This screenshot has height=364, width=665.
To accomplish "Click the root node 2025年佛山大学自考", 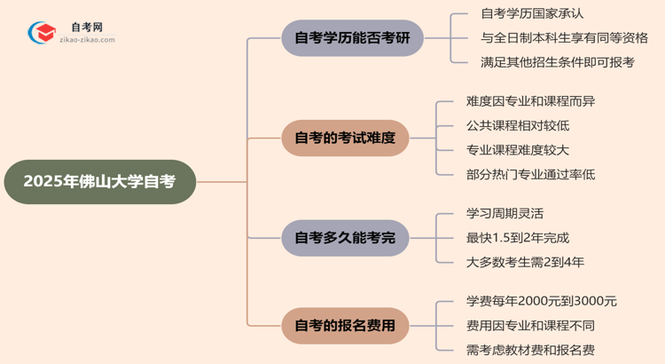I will point(99,182).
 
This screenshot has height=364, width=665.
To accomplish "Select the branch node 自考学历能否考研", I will point(352,38).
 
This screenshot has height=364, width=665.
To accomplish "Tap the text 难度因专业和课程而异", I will point(530,102).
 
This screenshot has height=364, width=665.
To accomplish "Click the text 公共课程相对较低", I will point(518,126).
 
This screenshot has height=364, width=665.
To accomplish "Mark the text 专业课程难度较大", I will point(518,150).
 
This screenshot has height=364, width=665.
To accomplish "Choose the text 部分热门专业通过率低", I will point(530,174).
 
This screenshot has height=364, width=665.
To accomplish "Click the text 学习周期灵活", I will point(505,214).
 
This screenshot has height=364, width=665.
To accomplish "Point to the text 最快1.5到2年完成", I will point(517,238).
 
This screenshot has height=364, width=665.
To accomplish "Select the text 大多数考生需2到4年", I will point(525,262).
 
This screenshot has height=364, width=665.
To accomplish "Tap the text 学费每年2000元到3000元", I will point(541,301).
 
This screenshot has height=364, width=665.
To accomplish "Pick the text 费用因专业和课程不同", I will point(530,325).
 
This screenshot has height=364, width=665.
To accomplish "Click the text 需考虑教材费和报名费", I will point(530,349).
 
